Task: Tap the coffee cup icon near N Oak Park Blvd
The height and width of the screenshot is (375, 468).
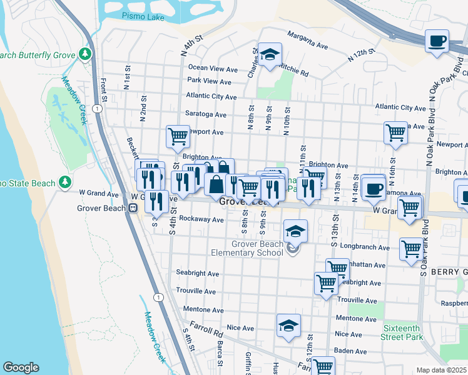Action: pyautogui.click(x=437, y=42)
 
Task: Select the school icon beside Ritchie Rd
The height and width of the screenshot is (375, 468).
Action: pyautogui.click(x=270, y=55)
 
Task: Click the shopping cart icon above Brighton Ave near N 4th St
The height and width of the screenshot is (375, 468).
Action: pyautogui.click(x=178, y=135)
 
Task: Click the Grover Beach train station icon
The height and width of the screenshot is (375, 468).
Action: pyautogui.click(x=133, y=208)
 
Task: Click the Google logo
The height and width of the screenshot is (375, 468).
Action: pyautogui.click(x=21, y=367)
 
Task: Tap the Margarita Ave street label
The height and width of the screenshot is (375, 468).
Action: pyautogui.click(x=307, y=40)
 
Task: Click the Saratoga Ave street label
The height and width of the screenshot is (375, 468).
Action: pyautogui.click(x=205, y=114)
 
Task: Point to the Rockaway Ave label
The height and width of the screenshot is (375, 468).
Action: pyautogui.click(x=201, y=219)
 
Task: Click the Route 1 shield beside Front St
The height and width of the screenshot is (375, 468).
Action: pyautogui.click(x=97, y=109)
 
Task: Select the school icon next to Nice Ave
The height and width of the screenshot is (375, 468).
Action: pyautogui.click(x=288, y=326)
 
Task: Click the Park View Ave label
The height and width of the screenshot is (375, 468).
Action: pyautogui.click(x=209, y=81)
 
